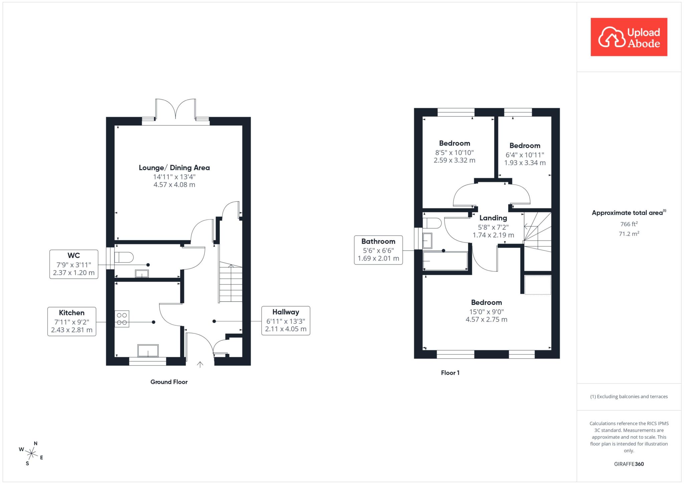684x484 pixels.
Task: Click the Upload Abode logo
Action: click(x=629, y=37)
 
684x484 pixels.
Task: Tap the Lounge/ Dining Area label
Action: click(x=174, y=168)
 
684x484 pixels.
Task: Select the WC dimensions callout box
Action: click(x=74, y=264)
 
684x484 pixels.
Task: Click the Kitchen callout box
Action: click(x=72, y=321)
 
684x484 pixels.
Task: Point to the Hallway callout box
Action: click(x=286, y=321)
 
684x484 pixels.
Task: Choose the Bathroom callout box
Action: click(x=378, y=250)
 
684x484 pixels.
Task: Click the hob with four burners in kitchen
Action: click(x=122, y=319)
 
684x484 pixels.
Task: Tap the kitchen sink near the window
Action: click(x=148, y=351)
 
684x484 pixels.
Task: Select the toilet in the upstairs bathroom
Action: click(x=432, y=223)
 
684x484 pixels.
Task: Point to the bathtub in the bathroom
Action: click(x=445, y=261)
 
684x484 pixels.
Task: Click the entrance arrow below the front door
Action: click(x=200, y=364)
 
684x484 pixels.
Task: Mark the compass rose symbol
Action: click(x=31, y=453)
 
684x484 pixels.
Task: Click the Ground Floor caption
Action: click(x=169, y=382)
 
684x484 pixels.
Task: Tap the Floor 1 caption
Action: click(x=450, y=373)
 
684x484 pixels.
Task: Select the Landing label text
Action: click(x=493, y=218)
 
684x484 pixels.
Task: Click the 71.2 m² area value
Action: click(x=629, y=233)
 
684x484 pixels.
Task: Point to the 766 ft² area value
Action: click(x=629, y=224)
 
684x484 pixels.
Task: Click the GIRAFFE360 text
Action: click(x=629, y=464)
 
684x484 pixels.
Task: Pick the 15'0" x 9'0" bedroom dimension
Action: click(x=487, y=312)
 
